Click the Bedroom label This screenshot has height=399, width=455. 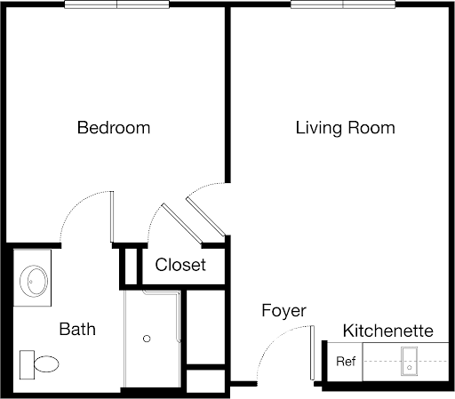tap(114, 128)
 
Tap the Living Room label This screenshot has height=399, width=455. tap(346, 128)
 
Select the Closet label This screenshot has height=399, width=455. tap(180, 265)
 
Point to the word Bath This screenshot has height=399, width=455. tap(77, 329)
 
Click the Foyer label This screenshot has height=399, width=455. tap(283, 312)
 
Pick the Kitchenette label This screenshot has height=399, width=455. tap(388, 331)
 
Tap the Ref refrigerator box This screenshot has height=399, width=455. tap(345, 362)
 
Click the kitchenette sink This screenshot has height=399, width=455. tap(409, 362)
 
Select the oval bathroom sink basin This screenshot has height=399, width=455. tap(34, 281)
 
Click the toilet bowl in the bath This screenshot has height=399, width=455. tap(46, 364)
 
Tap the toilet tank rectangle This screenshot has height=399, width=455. tap(27, 364)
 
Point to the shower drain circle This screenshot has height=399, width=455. tap(147, 339)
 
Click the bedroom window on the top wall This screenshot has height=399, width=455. tap(117, 4)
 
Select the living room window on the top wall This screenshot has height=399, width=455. tap(343, 4)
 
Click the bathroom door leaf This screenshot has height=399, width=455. tap(112, 217)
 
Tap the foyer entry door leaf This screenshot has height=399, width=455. tap(312, 353)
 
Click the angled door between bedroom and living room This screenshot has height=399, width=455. tap(205, 217)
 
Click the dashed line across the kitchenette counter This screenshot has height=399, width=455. tap(406, 361)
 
